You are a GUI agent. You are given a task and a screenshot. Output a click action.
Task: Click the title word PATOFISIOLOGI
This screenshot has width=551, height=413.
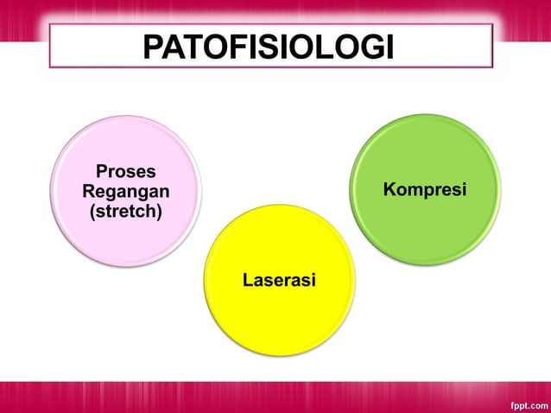coord(269,47)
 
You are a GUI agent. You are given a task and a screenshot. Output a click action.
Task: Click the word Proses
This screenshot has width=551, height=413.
coord(125,171)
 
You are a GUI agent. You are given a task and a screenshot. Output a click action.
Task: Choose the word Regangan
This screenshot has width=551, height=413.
coord(125,191)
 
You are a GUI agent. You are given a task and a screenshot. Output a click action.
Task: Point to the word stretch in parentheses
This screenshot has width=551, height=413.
coord(125,211)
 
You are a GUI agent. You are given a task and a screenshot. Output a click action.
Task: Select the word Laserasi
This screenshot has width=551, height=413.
coord(279,280)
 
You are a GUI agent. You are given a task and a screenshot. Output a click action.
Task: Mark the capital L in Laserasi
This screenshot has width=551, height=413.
coord(247,280)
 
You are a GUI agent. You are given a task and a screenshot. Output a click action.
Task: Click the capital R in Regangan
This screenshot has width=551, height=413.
coord(88,191)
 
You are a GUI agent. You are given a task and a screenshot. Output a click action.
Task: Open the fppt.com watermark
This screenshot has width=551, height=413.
coord(526,403)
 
